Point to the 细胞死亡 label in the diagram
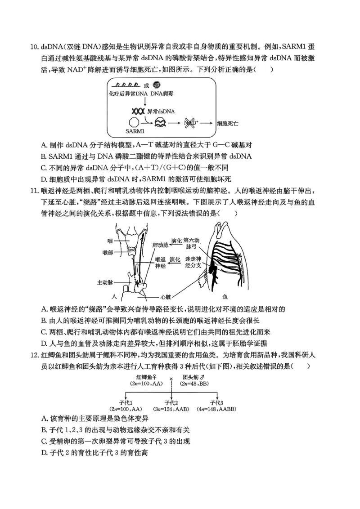coord(228,122)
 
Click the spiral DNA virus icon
coord(157,85)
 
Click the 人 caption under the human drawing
coord(115,297)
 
